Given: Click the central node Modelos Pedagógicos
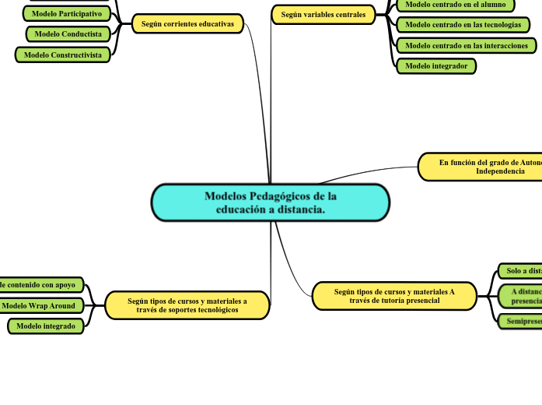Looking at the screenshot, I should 270,202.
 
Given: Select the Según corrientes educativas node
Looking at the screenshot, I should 187,24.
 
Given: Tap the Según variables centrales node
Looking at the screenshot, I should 323,15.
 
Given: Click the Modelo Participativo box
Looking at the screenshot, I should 67,14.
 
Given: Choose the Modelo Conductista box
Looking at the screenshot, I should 68,34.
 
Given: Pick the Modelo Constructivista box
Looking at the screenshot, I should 63,55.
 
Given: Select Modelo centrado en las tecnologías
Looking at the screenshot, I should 463,25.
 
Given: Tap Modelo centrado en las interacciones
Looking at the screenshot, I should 466,46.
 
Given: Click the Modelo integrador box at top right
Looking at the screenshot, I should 436,66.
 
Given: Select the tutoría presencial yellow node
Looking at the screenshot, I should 394,296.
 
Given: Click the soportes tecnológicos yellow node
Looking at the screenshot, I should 187,305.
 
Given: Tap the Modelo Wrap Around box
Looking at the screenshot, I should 39,306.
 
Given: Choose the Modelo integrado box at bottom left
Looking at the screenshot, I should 46,326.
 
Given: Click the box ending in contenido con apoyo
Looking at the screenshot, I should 40,285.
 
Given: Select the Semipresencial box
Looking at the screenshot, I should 521,321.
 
